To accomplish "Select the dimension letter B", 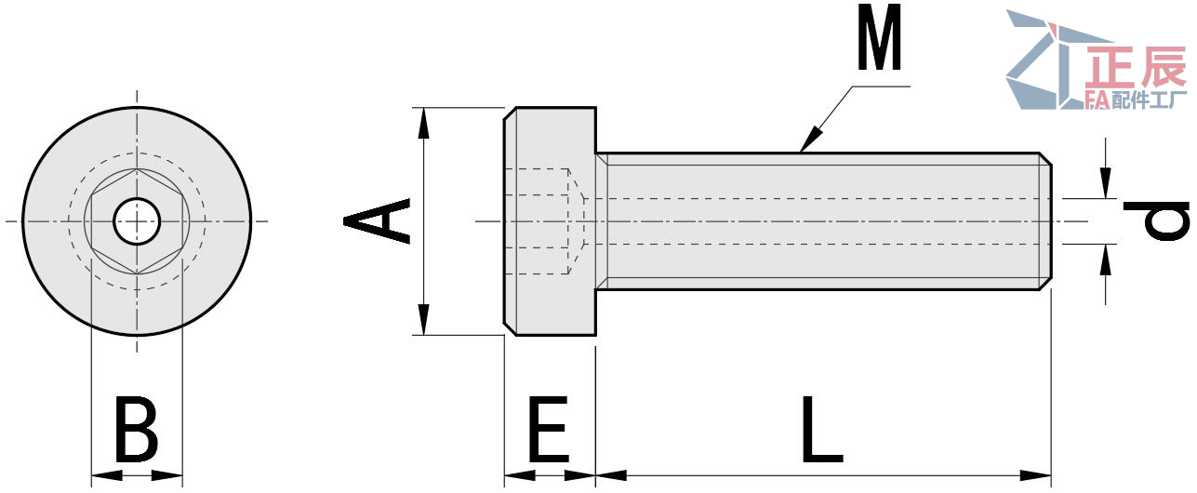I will [136, 430].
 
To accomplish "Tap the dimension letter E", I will [549, 430].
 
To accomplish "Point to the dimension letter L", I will [821, 430].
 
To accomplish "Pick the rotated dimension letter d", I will [1156, 220].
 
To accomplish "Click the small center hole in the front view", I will [137, 221].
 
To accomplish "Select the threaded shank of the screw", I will [818, 220].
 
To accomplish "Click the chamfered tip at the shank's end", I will [1045, 220].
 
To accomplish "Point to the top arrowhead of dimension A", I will [423, 117].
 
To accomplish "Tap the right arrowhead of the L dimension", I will [1041, 475].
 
